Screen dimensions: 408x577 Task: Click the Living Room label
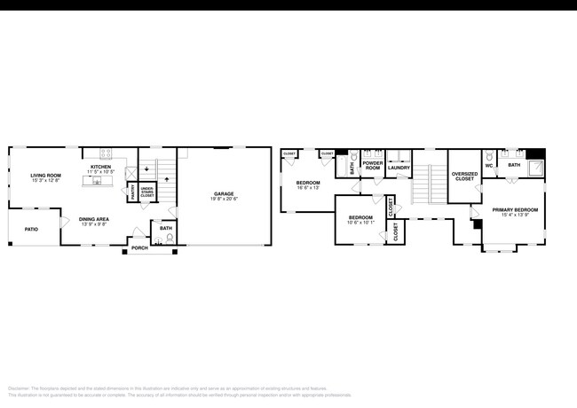[x=45, y=176]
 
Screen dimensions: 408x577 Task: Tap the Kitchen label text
[x=100, y=167]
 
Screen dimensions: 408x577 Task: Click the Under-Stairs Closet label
[x=146, y=192]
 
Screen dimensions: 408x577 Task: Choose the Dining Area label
[x=93, y=218]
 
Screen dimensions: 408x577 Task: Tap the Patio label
[x=31, y=229]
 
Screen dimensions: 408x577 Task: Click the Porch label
[x=139, y=248]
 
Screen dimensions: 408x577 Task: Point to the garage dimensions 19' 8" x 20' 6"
[x=224, y=199]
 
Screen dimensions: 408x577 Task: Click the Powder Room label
[x=371, y=165]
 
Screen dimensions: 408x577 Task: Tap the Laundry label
[x=399, y=167]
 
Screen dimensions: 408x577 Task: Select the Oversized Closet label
[x=463, y=177]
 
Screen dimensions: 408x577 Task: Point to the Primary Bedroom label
[x=516, y=209]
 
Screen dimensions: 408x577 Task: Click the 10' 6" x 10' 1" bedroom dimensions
[x=360, y=223]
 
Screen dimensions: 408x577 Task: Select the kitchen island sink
[x=97, y=180]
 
